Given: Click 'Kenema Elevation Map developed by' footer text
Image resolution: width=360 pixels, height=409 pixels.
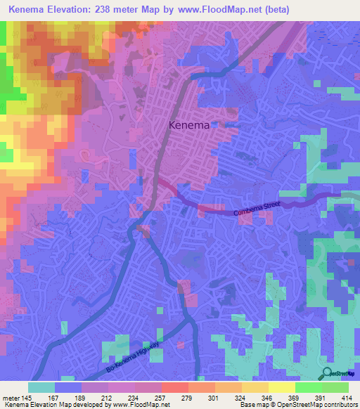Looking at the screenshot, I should (49, 405).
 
